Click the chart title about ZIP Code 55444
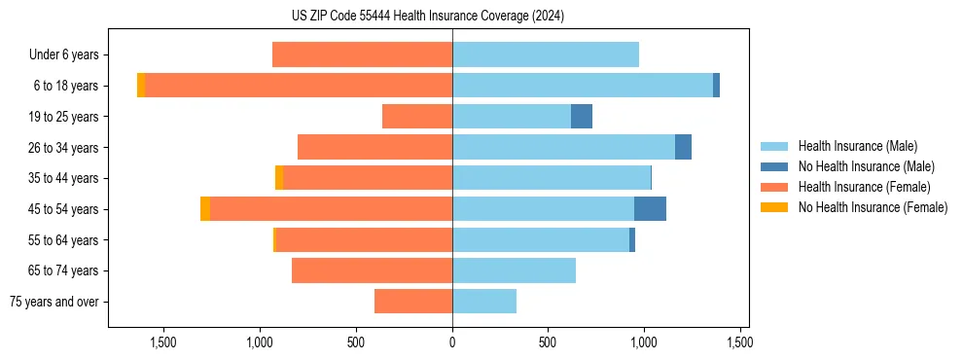pos(427,16)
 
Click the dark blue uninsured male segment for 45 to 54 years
pos(650,209)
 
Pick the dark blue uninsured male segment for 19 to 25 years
pos(582,117)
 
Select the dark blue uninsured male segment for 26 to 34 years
pos(683,148)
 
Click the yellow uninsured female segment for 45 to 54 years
pos(205,209)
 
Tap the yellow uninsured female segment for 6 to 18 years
pos(141,86)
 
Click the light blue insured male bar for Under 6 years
pos(546,55)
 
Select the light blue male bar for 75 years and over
pos(484,302)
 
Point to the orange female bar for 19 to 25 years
pos(417,117)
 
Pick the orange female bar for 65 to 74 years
pos(372,270)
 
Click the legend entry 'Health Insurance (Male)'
pos(857,146)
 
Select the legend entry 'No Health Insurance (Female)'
pos(873,207)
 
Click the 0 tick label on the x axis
pos(452,342)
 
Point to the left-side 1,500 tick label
pos(162,342)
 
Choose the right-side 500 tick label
pos(548,342)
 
